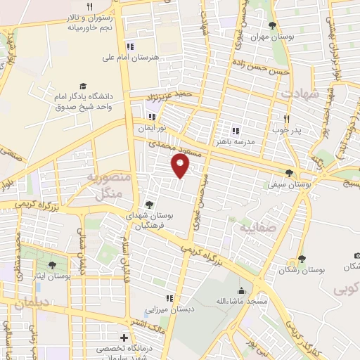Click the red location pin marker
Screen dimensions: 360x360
pyautogui.click(x=181, y=166)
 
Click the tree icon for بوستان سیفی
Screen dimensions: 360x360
pyautogui.click(x=289, y=174)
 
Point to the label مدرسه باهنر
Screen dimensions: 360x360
pyautogui.click(x=258, y=141)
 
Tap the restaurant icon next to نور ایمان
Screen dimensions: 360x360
pyautogui.click(x=151, y=117)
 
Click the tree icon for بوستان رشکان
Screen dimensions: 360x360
pyautogui.click(x=302, y=259)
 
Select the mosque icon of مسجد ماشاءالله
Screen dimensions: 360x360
pyautogui.click(x=242, y=290)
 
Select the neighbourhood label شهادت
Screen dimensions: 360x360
pyautogui.click(x=302, y=93)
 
